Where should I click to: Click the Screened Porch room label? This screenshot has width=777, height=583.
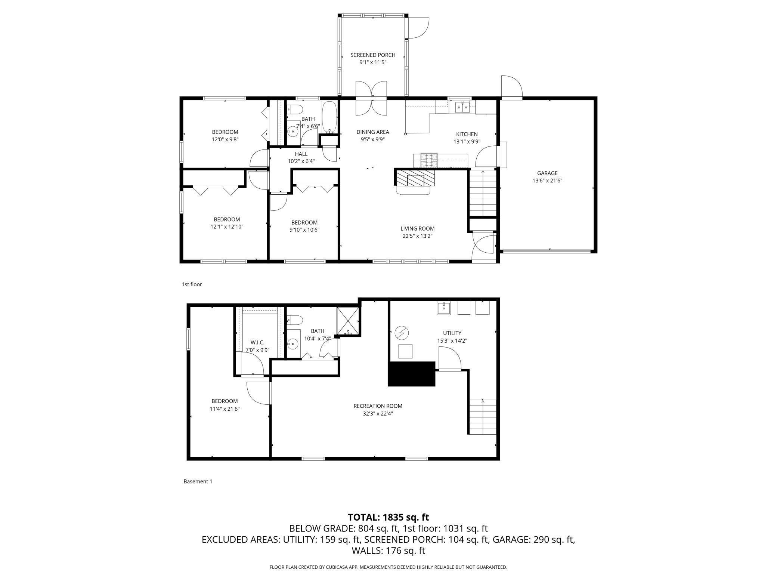click(x=373, y=55)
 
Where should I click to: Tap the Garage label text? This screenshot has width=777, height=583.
click(x=547, y=173)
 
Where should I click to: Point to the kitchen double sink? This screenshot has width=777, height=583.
click(x=462, y=107)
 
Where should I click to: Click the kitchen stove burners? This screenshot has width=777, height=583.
click(x=429, y=160)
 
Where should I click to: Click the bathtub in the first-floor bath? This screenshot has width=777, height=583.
click(x=329, y=117)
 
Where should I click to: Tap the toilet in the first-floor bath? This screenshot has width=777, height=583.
click(x=295, y=109)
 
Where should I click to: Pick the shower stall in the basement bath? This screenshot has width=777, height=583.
click(x=348, y=321)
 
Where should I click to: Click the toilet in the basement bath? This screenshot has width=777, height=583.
click(x=295, y=320)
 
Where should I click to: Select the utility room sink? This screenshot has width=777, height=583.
click(x=444, y=308)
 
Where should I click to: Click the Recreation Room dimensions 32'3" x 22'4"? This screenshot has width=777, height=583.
click(x=373, y=414)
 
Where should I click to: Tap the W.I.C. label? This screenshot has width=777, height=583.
click(x=257, y=342)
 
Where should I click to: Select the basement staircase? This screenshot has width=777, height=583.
click(x=483, y=417)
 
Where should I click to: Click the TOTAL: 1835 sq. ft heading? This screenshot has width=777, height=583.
click(x=388, y=517)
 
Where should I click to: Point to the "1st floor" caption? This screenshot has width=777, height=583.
click(x=192, y=284)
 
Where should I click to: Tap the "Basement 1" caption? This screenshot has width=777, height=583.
click(x=198, y=481)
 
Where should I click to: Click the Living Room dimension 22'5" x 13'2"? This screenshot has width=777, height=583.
click(x=417, y=236)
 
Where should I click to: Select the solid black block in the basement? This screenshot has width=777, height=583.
click(x=412, y=374)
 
